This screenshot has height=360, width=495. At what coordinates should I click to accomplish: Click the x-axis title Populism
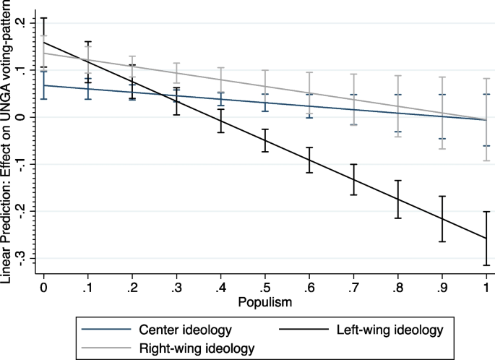pyautogui.click(x=264, y=302)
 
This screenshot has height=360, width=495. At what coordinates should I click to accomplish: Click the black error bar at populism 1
pyautogui.click(x=486, y=239)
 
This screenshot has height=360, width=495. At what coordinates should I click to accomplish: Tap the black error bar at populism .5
pyautogui.click(x=265, y=140)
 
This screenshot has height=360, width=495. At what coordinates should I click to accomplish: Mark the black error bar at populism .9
pyautogui.click(x=442, y=219)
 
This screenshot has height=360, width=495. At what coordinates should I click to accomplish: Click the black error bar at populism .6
pyautogui.click(x=309, y=160)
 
